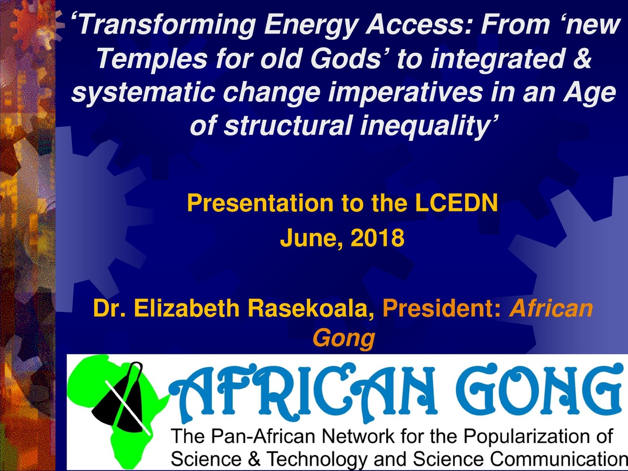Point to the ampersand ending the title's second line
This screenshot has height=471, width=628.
pos(579,61)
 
